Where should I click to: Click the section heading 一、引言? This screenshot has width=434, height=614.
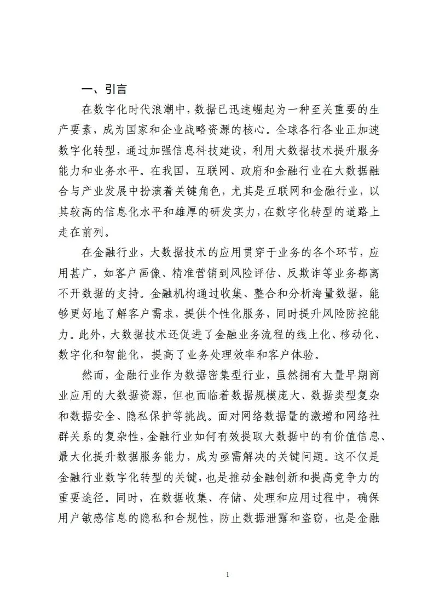[103, 89]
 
